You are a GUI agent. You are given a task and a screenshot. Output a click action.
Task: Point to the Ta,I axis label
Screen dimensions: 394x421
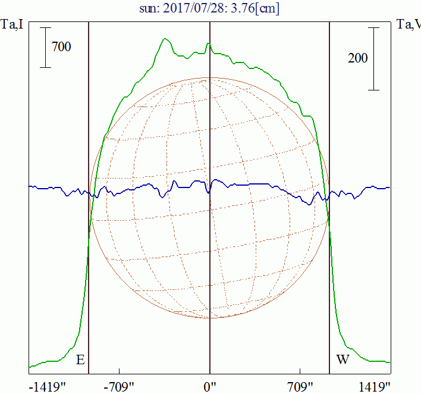tap(12, 24)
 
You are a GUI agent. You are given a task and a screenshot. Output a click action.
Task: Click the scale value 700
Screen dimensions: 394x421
tap(61, 46)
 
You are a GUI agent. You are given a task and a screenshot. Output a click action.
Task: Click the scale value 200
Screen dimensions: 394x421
tap(358, 58)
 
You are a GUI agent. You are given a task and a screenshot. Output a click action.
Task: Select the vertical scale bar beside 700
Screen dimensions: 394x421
tap(46, 47)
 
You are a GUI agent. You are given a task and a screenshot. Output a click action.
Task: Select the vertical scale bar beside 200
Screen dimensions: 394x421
tap(373, 58)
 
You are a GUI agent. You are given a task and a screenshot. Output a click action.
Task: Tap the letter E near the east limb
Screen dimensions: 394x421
tap(80, 360)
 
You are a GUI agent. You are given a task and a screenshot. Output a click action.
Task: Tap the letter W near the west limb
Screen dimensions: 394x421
tap(343, 360)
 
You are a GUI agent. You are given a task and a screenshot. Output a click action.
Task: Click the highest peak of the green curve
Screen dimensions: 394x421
tap(165, 39)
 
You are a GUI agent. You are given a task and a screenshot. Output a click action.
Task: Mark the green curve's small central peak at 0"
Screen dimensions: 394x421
tap(208, 43)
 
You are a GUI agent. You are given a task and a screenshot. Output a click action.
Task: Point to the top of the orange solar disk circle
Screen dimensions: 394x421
tap(209, 77)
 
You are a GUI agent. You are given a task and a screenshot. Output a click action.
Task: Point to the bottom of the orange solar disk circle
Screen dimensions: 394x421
tap(209, 318)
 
